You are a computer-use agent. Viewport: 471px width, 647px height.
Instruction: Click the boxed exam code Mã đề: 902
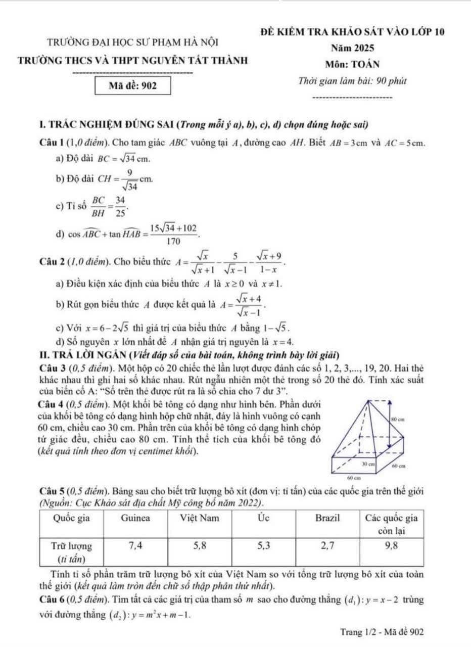point(133,85)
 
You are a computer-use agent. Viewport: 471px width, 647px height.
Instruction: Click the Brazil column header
point(328,518)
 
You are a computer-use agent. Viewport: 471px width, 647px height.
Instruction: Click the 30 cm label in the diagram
point(368,463)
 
